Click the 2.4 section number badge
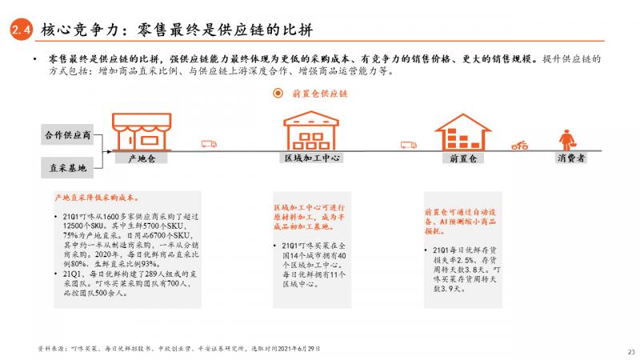[x=20, y=30]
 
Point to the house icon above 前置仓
[x=462, y=130]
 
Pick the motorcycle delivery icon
[x=520, y=145]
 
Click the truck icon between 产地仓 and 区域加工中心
[x=209, y=144]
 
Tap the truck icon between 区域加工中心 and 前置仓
[x=408, y=145]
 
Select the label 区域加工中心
[x=313, y=158]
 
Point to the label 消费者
[x=570, y=158]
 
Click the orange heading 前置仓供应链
[x=320, y=93]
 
